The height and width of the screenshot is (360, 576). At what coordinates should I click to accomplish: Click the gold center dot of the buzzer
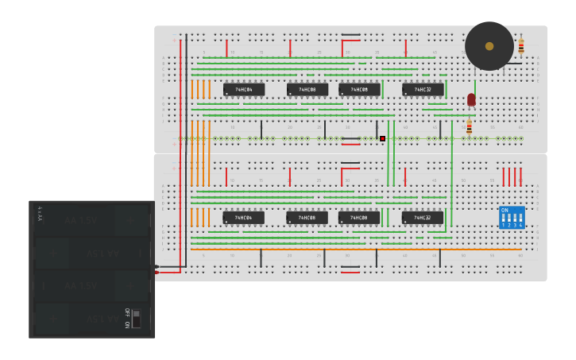(489, 46)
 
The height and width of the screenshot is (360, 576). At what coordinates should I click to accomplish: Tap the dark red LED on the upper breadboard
(471, 99)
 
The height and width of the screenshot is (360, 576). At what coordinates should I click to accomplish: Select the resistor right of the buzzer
(521, 46)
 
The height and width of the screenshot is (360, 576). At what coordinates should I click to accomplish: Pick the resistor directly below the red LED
(469, 127)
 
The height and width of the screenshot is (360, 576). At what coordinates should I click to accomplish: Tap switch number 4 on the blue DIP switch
(520, 219)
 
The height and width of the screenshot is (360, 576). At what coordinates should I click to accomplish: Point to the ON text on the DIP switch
(504, 210)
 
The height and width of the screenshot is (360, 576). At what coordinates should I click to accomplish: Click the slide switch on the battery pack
(136, 319)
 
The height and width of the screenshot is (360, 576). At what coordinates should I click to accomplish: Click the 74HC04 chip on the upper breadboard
(244, 90)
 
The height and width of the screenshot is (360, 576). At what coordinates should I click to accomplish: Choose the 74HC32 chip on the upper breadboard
(423, 90)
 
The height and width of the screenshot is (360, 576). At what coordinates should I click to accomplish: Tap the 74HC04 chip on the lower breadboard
(244, 218)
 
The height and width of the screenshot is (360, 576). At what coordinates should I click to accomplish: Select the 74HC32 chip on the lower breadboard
(423, 218)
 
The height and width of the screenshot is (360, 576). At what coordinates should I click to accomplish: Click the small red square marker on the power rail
(382, 138)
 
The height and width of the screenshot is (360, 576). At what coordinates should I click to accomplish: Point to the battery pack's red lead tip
(157, 272)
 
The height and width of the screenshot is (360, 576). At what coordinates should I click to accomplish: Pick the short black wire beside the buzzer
(514, 64)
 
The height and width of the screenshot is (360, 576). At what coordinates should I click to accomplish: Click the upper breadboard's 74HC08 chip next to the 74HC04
(307, 90)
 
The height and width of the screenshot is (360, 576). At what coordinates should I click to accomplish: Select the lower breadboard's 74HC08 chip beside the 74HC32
(359, 218)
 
